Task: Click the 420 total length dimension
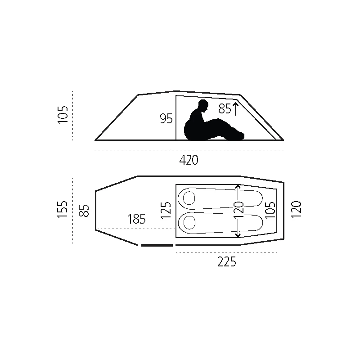point(189,160)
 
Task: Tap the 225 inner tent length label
point(227,261)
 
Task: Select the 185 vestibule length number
point(137,219)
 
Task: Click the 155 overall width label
point(63,209)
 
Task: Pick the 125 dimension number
point(166,210)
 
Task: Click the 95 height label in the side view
point(166,119)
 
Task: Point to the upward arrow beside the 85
point(235,109)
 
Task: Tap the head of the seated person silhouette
point(203,106)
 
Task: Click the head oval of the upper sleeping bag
point(189,198)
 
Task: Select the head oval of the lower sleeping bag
point(189,222)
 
